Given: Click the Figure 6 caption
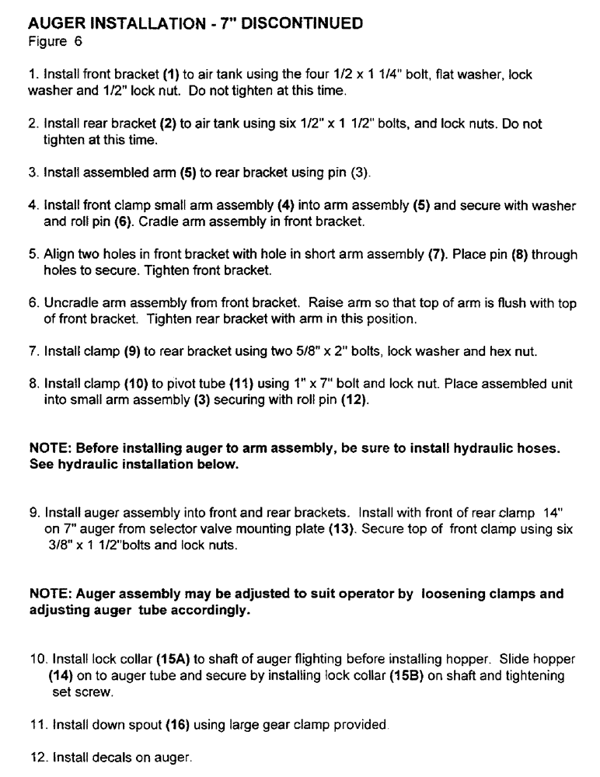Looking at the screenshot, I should [x=49, y=39].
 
